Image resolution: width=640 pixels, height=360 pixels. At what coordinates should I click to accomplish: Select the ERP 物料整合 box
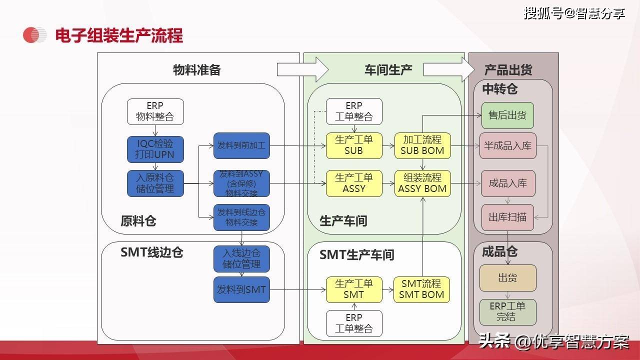tap(155, 111)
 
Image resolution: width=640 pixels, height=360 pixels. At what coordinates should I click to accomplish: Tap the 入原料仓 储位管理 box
tap(155, 183)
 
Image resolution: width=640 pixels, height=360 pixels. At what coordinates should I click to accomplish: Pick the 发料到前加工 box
tap(241, 146)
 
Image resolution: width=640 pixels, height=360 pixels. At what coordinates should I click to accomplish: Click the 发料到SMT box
tap(241, 289)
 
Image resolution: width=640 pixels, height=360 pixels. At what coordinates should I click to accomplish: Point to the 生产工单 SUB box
tap(353, 145)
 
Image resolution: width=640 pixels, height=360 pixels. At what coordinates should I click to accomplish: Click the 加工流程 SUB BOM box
tap(422, 145)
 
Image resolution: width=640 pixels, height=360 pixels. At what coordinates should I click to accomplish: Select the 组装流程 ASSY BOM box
tap(422, 183)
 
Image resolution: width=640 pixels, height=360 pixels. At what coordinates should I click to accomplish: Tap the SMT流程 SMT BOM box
tap(421, 289)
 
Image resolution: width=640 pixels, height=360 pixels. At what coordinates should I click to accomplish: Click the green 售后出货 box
tap(507, 115)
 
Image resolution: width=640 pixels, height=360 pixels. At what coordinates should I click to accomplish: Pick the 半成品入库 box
tap(507, 146)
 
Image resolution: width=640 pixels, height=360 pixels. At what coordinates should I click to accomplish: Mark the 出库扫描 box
tap(507, 217)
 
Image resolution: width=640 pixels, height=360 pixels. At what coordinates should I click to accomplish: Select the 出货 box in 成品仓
tap(507, 278)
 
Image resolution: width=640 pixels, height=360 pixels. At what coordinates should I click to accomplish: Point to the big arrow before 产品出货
tap(446, 69)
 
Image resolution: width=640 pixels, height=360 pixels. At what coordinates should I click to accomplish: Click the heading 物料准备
tap(196, 70)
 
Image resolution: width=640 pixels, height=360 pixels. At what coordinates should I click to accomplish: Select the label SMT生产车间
tap(357, 255)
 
